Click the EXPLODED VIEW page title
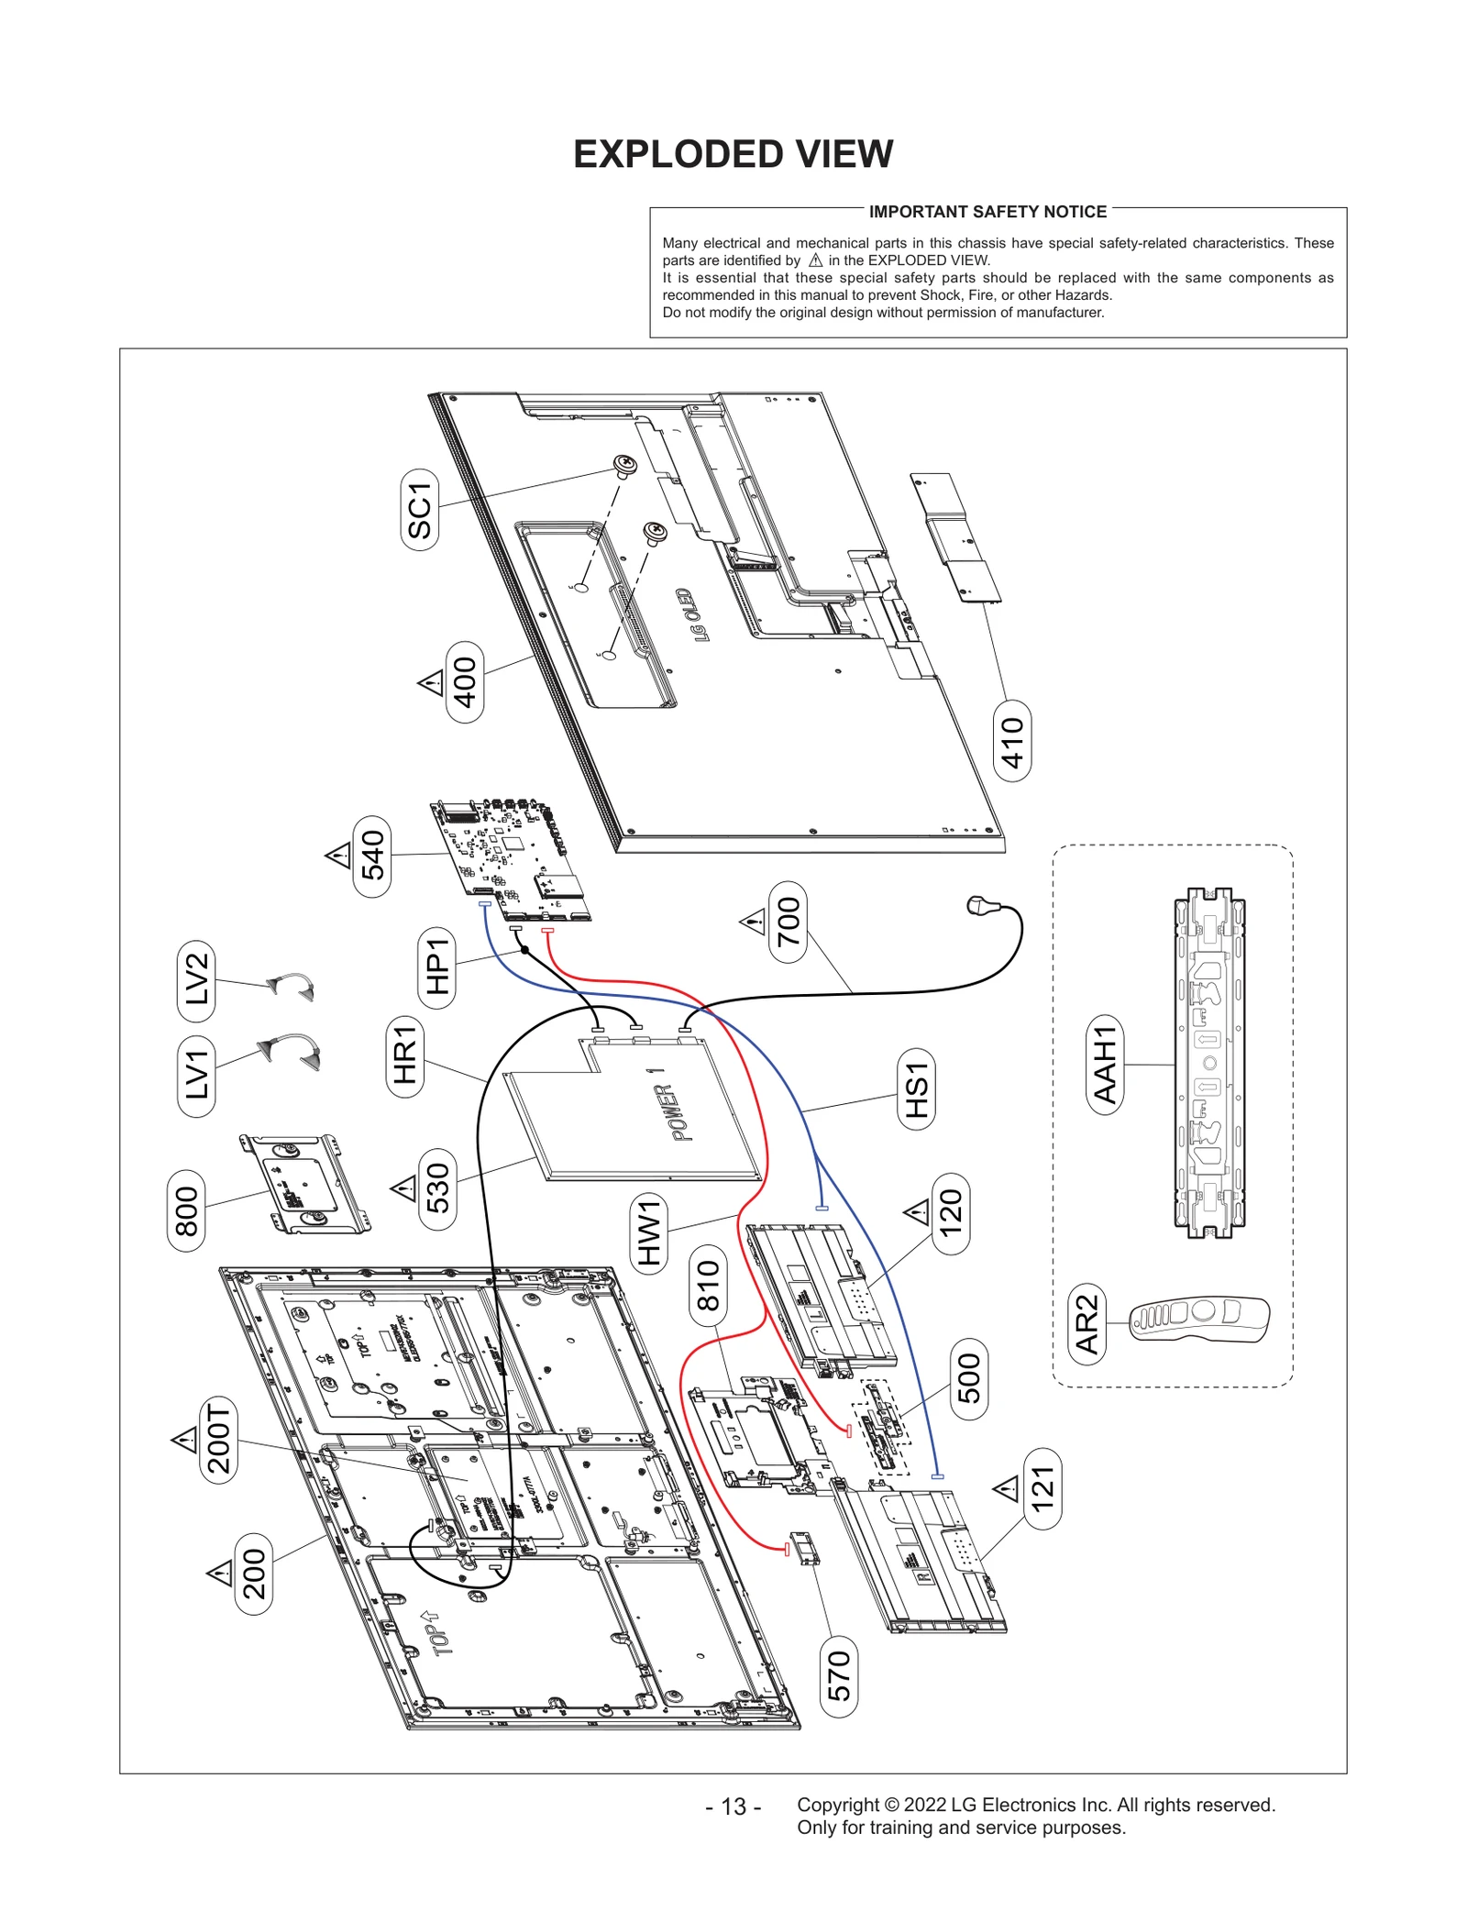pyautogui.click(x=733, y=154)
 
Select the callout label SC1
pyautogui.click(x=420, y=510)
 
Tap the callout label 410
pyautogui.click(x=1012, y=741)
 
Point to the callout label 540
pyautogui.click(x=372, y=855)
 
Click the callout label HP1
pyautogui.click(x=437, y=967)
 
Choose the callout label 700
pyautogui.click(x=789, y=922)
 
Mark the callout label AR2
pyautogui.click(x=1087, y=1324)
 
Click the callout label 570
pyautogui.click(x=839, y=1675)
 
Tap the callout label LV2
pyautogui.click(x=196, y=979)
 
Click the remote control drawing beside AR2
pyautogui.click(x=1199, y=1319)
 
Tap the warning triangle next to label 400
pyautogui.click(x=431, y=683)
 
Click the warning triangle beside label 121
pyautogui.click(x=1007, y=1487)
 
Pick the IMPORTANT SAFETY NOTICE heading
pyautogui.click(x=987, y=212)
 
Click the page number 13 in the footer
pyautogui.click(x=733, y=1806)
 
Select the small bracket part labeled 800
pyautogui.click(x=304, y=1185)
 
